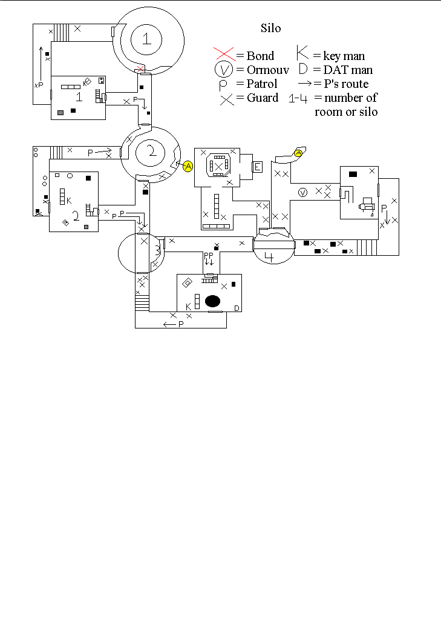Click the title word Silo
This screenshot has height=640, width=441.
(270, 28)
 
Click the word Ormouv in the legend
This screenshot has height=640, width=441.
(267, 70)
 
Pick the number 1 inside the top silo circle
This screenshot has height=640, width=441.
(146, 39)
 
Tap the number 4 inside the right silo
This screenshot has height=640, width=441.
(269, 257)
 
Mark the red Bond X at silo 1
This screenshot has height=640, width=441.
(142, 67)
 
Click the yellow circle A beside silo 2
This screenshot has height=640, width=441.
(188, 165)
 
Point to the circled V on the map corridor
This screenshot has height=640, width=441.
(303, 193)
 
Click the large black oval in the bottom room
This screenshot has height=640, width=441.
(212, 301)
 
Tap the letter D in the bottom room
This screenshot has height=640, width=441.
(237, 308)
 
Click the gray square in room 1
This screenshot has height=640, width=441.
(60, 112)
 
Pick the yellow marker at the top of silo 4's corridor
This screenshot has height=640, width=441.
(298, 153)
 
